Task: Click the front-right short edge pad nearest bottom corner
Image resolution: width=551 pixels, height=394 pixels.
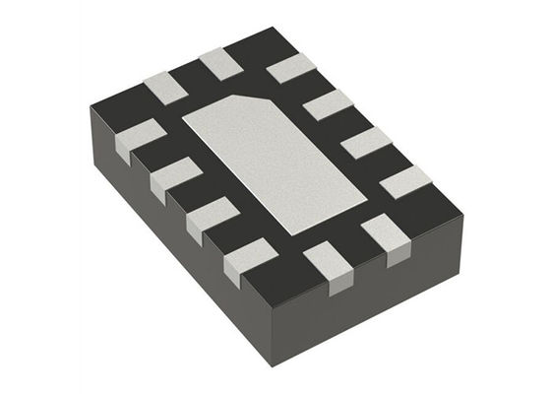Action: [325, 264]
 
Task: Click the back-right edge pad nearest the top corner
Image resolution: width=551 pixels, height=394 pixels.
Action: [289, 68]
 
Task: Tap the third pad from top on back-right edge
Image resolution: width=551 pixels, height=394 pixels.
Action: [365, 141]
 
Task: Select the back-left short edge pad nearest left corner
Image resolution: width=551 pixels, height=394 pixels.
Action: [164, 87]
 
